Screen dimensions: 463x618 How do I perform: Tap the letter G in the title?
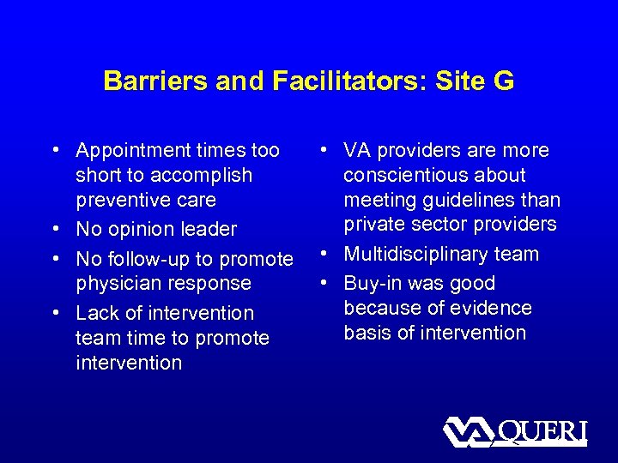pos(504,81)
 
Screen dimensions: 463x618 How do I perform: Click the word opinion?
pos(149,230)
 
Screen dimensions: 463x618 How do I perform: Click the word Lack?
pos(96,314)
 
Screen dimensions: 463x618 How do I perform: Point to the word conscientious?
pos(404,175)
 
